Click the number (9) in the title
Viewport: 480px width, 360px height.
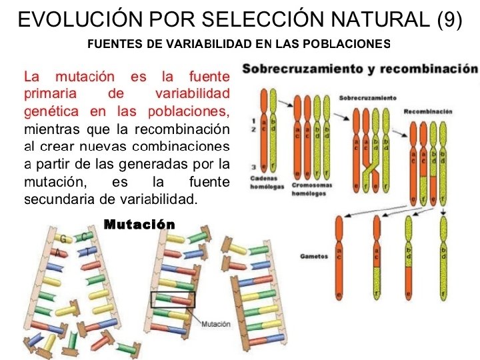click(x=450, y=19)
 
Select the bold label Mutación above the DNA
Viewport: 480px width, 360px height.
click(x=139, y=224)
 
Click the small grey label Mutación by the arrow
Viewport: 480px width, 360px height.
click(x=216, y=324)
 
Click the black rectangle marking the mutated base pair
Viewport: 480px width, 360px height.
click(x=173, y=299)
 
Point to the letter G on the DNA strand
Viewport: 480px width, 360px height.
click(x=63, y=238)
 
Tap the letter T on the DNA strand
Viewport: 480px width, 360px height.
click(x=87, y=251)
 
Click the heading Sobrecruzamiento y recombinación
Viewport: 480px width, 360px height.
click(x=359, y=69)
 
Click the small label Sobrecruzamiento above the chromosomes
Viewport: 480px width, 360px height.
click(x=368, y=98)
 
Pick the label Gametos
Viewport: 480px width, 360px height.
click(x=313, y=256)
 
